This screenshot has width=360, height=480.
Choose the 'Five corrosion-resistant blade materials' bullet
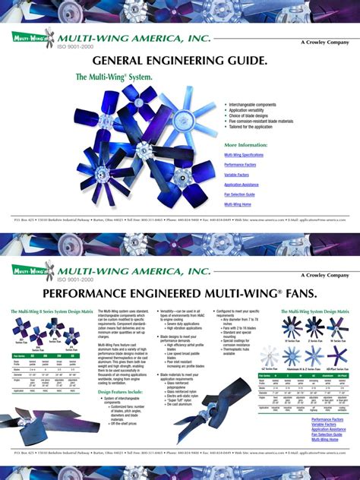pyautogui.click(x=261, y=121)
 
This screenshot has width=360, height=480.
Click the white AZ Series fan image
pyautogui.click(x=292, y=356)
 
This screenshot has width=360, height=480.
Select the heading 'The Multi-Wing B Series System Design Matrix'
pyautogui.click(x=45, y=311)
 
